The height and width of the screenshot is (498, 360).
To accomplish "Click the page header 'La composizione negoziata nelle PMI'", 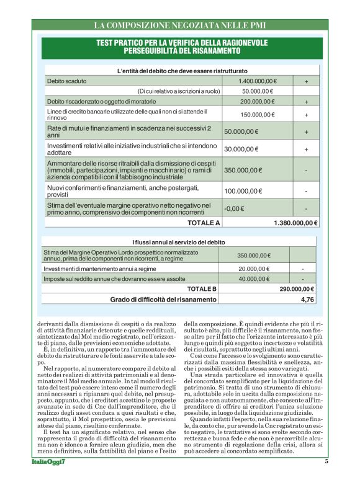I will coord(179,25).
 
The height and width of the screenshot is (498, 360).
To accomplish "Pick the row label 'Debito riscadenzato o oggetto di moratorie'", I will coord(102,102).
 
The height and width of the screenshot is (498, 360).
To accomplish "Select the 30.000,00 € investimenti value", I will coord(241,149).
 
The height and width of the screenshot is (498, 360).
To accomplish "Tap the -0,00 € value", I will coord(232,208).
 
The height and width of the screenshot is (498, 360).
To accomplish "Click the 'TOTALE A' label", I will coord(204,222).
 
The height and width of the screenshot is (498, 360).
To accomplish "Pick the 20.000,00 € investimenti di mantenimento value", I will coord(254,269).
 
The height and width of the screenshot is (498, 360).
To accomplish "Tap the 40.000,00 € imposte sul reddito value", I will coord(254,279).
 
